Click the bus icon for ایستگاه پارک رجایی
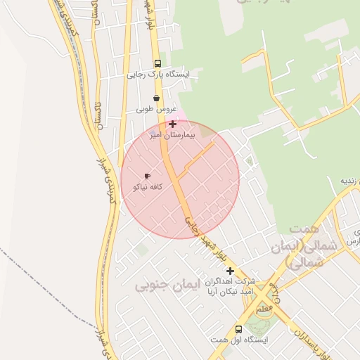156,62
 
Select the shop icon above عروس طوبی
155,98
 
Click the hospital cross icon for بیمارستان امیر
172,124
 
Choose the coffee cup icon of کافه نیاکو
147,176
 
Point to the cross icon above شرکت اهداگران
229,270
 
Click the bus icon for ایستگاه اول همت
238,329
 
